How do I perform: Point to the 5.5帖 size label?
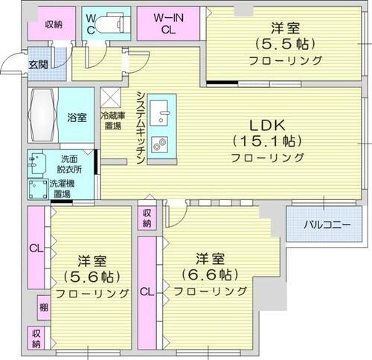point(286,43)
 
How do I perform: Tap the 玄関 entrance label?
point(38,65)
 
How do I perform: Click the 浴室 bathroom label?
point(77,117)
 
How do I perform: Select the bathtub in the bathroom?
point(42,115)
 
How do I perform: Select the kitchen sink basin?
point(161,115)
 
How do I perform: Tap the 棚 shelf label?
point(43,306)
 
